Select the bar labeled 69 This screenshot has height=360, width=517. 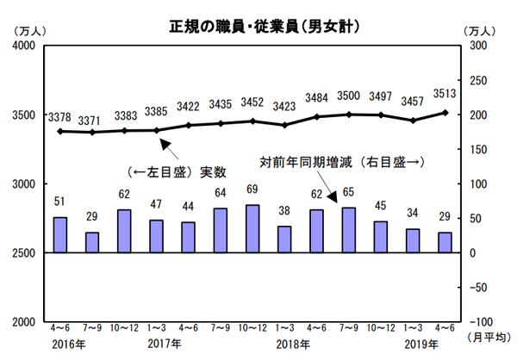pyautogui.click(x=253, y=229)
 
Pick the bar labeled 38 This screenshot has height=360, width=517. pyautogui.click(x=285, y=239)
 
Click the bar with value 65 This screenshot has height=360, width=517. pyautogui.click(x=349, y=230)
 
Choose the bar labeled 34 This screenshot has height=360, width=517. pyautogui.click(x=413, y=241)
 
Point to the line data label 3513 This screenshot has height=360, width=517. pyautogui.click(x=445, y=95)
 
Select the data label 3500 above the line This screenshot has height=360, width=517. pyautogui.click(x=349, y=97)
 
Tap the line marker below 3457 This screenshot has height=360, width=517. pyautogui.click(x=413, y=121)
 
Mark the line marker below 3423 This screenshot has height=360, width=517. pyautogui.click(x=285, y=125)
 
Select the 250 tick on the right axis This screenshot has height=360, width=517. pyautogui.click(x=477, y=80)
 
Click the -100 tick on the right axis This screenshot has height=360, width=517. pyautogui.click(x=474, y=322)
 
